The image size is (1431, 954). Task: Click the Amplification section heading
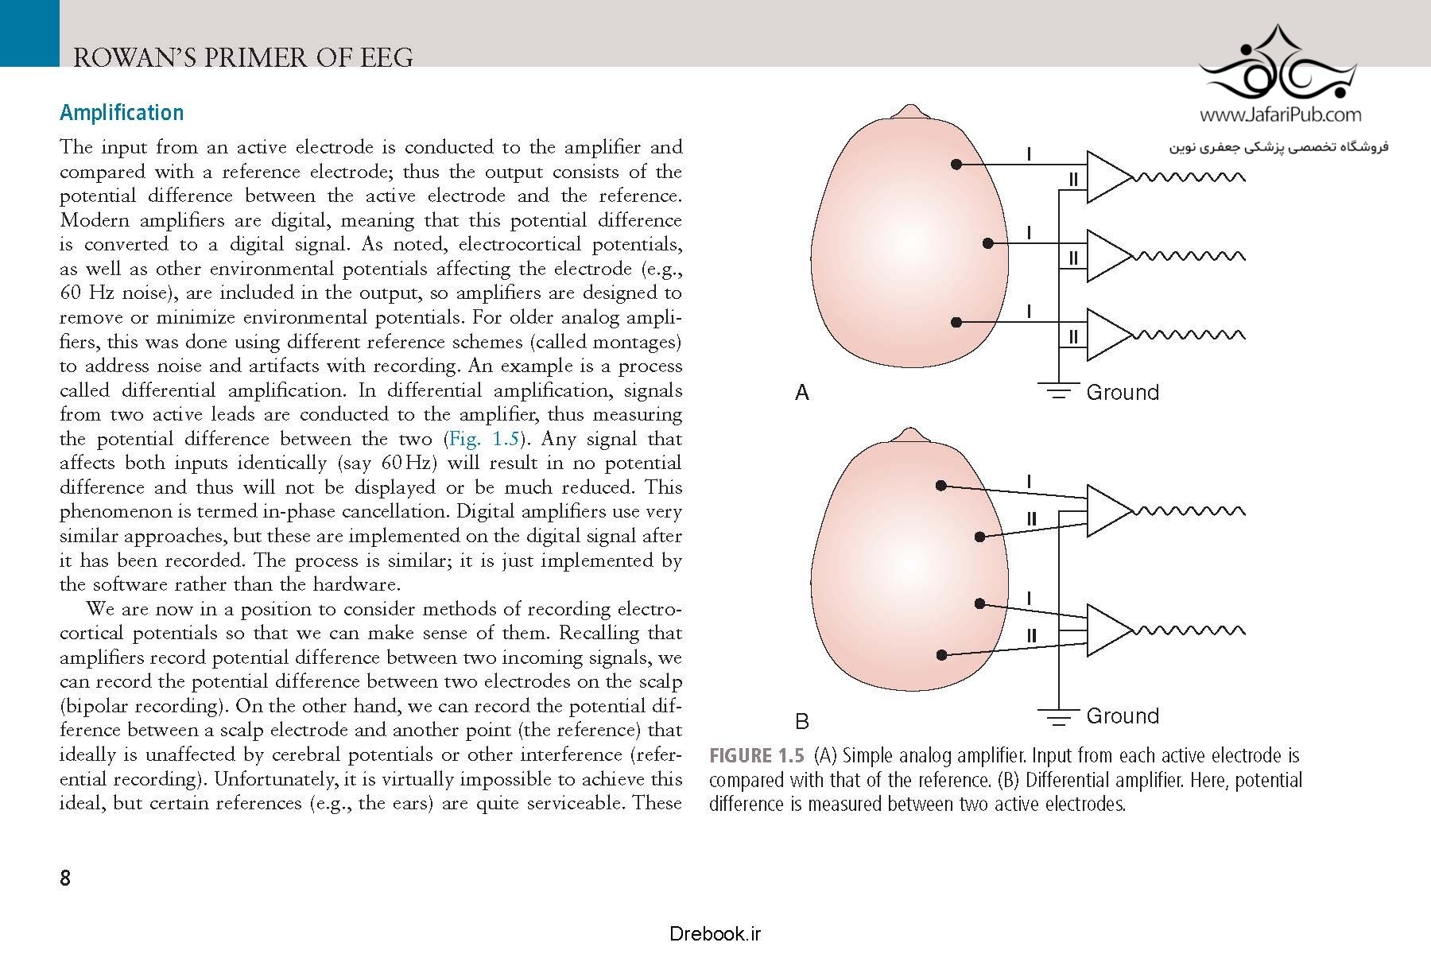pyautogui.click(x=122, y=113)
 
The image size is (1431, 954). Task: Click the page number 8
pyautogui.click(x=65, y=878)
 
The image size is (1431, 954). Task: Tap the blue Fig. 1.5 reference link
pyautogui.click(x=483, y=439)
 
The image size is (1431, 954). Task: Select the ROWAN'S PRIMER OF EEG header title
pyautogui.click(x=242, y=57)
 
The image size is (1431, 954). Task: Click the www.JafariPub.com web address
pyautogui.click(x=1280, y=115)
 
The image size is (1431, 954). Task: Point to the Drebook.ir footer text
pyautogui.click(x=715, y=933)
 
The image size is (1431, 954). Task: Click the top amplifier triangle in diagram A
pyautogui.click(x=1106, y=176)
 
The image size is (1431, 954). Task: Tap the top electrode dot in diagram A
pyautogui.click(x=956, y=164)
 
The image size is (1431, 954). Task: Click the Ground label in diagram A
pyautogui.click(x=1123, y=392)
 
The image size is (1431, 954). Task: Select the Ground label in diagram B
pyautogui.click(x=1123, y=715)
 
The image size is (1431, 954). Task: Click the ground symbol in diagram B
pyautogui.click(x=1058, y=718)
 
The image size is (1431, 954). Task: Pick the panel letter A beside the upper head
pyautogui.click(x=802, y=393)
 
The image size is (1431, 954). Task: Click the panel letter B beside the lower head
pyautogui.click(x=802, y=721)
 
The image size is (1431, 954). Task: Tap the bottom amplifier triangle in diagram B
pyautogui.click(x=1106, y=630)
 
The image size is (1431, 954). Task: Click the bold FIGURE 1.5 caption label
pyautogui.click(x=756, y=755)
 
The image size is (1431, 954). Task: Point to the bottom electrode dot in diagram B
pyautogui.click(x=941, y=655)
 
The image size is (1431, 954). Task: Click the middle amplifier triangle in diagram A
pyautogui.click(x=1106, y=256)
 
